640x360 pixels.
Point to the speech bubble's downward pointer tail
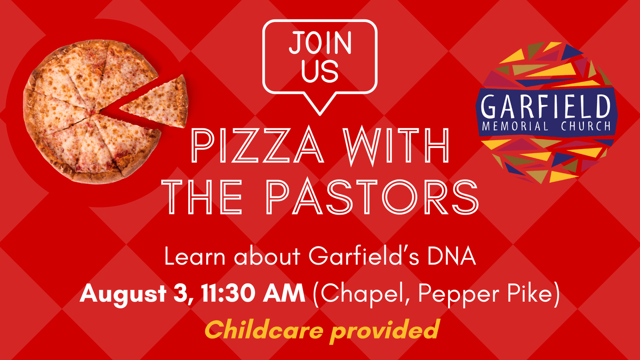coord(320,104)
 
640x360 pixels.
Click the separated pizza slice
coord(159,103)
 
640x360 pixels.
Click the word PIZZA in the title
coord(257,146)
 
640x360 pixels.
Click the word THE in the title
coord(202,197)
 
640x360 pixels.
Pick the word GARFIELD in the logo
coord(546,107)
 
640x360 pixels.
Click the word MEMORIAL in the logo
coord(515,126)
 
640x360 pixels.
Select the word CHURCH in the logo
coord(586,126)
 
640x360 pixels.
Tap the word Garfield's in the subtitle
coord(364,256)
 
